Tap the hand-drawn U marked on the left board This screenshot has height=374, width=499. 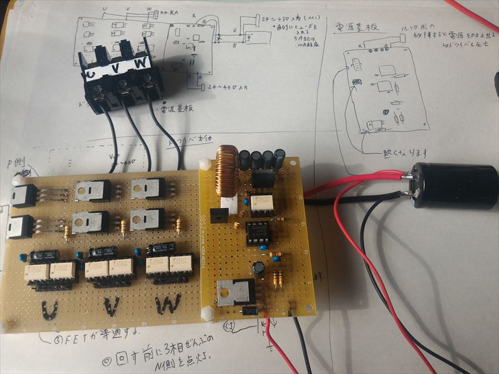50,309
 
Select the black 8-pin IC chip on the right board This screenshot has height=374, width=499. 258,233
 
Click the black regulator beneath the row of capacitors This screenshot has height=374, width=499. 264,177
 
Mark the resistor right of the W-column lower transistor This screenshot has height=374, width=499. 180,225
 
